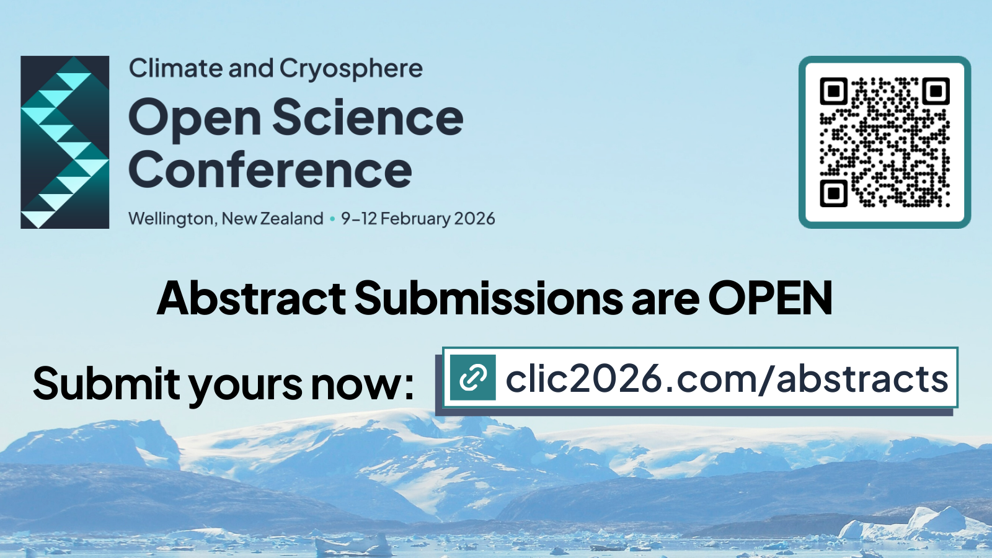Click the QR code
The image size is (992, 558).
pyautogui.click(x=885, y=142)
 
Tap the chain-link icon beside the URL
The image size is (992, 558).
pyautogui.click(x=472, y=378)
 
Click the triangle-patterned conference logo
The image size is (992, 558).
pyautogui.click(x=65, y=142)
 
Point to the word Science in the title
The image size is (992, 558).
pyautogui.click(x=368, y=118)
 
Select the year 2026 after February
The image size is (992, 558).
pyautogui.click(x=474, y=218)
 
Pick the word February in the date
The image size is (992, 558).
pyautogui.click(x=415, y=219)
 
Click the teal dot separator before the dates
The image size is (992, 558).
pyautogui.click(x=332, y=219)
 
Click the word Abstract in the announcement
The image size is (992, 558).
pyautogui.click(x=251, y=299)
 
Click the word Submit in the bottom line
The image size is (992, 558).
pyautogui.click(x=106, y=383)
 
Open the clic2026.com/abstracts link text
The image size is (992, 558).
pyautogui.click(x=727, y=379)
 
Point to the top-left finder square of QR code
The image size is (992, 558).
pyautogui.click(x=834, y=91)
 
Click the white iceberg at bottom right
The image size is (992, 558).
pyautogui.click(x=930, y=520)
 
